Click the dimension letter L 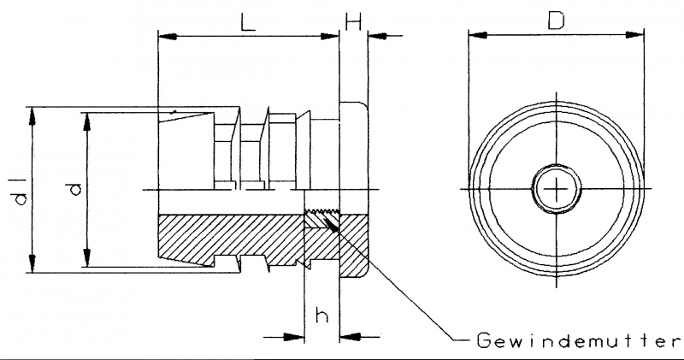point(248,22)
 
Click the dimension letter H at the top point(353,21)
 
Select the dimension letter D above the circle point(557,21)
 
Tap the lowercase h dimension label point(322,316)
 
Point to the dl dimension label point(21,191)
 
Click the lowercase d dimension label point(75,189)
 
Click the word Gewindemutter point(579,340)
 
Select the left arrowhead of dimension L point(168,36)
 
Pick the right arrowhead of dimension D point(634,35)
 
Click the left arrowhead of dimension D point(478,35)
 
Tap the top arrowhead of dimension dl point(32,116)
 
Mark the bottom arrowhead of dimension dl point(32,263)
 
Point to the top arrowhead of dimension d point(87,122)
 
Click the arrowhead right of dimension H point(378,36)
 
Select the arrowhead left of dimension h point(294,337)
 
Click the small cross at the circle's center point(557,189)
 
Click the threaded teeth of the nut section point(322,213)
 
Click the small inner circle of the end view point(557,165)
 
